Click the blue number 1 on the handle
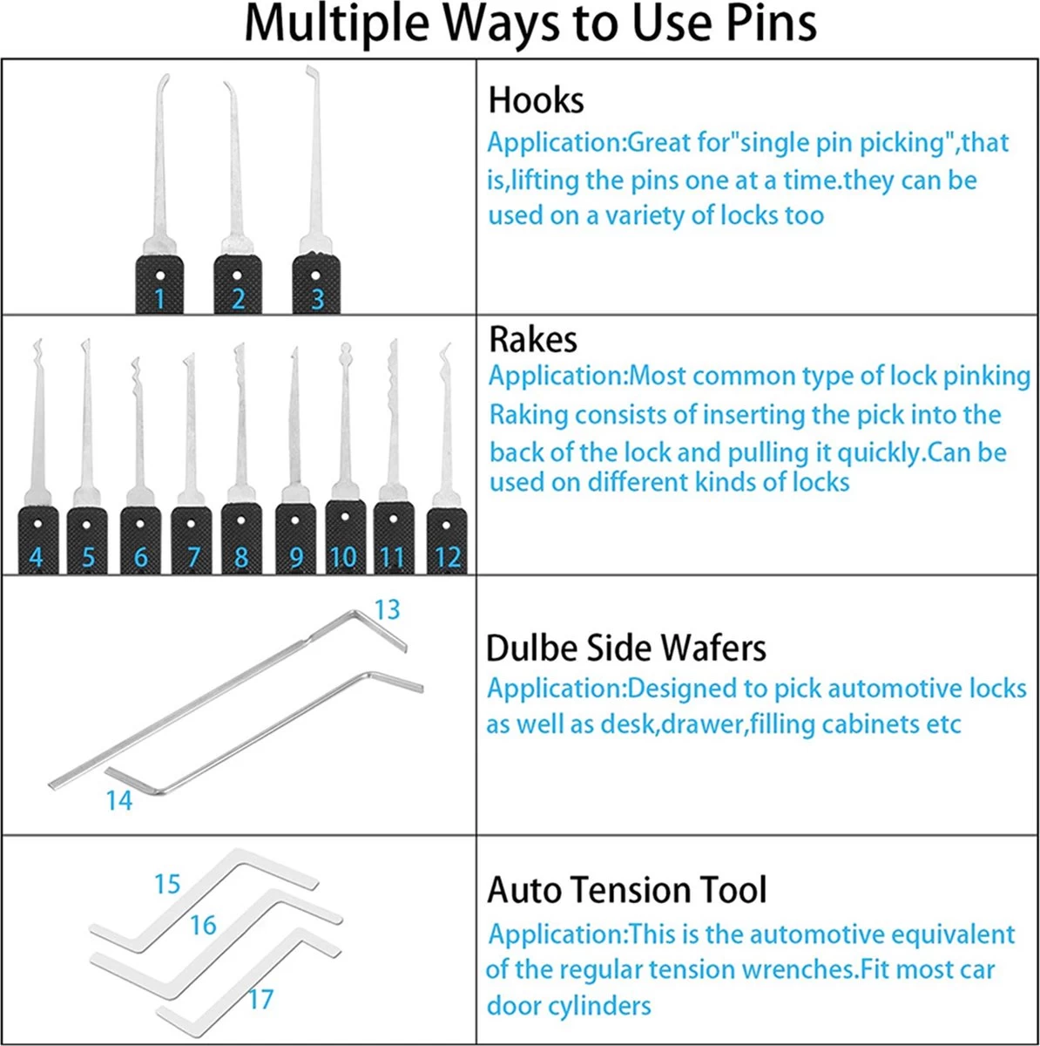tap(159, 299)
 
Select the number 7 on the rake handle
tap(192, 558)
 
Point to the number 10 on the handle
tap(343, 558)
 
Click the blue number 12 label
tap(448, 558)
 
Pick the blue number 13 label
tap(388, 610)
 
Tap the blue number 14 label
tap(118, 801)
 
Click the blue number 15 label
tap(167, 884)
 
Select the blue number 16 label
tap(203, 926)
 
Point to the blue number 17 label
tap(260, 1000)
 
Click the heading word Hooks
tap(536, 100)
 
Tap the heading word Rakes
tap(533, 340)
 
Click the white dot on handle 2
tap(237, 275)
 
